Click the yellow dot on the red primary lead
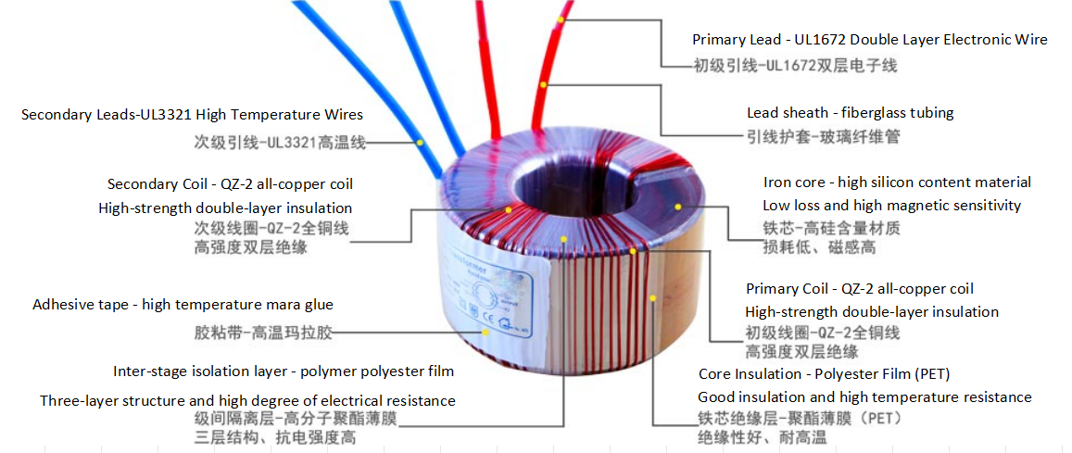(x=561, y=18)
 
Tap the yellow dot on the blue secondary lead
(x=420, y=143)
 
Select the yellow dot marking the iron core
(x=678, y=206)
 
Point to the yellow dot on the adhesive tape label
(x=485, y=331)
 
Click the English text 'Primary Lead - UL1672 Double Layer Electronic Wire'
(x=869, y=40)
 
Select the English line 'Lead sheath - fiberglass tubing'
(x=850, y=113)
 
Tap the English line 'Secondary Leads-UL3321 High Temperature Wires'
(x=192, y=115)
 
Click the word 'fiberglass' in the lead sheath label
(x=867, y=113)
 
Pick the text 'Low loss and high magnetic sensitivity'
(x=891, y=206)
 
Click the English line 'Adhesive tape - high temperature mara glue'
(x=183, y=305)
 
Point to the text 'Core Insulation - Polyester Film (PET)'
(x=824, y=374)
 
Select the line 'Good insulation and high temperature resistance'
(x=864, y=397)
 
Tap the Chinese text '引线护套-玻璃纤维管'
(x=823, y=137)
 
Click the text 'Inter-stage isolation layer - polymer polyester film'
(x=284, y=371)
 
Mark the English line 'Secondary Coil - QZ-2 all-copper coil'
(x=230, y=184)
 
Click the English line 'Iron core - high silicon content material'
(x=897, y=182)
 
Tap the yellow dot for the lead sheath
(x=544, y=85)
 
